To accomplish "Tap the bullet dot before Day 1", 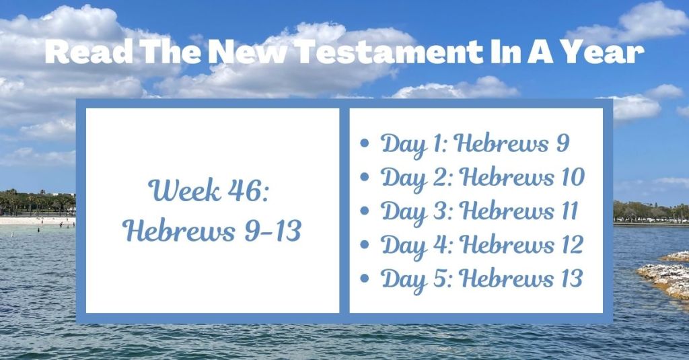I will click(365, 144).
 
